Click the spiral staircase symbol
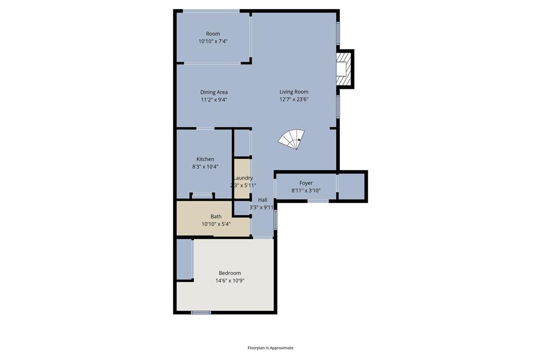pyautogui.click(x=292, y=139)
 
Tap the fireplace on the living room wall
pyautogui.click(x=343, y=69)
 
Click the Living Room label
pyautogui.click(x=294, y=92)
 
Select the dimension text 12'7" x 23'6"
pyautogui.click(x=294, y=99)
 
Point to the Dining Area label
pyautogui.click(x=214, y=92)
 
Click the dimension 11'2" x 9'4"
pyautogui.click(x=214, y=100)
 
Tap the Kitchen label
pyautogui.click(x=206, y=159)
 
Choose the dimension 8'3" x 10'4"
pyautogui.click(x=206, y=167)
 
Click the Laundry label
pyautogui.click(x=242, y=178)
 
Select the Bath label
pyautogui.click(x=216, y=216)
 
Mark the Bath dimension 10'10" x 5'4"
pyautogui.click(x=216, y=224)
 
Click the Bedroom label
pyautogui.click(x=230, y=273)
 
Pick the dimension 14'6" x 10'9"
pyautogui.click(x=230, y=281)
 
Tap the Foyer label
pyautogui.click(x=306, y=183)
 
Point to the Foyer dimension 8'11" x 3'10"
pyautogui.click(x=306, y=191)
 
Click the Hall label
pyautogui.click(x=263, y=200)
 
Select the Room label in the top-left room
pyautogui.click(x=213, y=34)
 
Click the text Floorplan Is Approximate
pyautogui.click(x=270, y=348)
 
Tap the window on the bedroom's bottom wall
pyautogui.click(x=201, y=312)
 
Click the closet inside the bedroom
pyautogui.click(x=184, y=259)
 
